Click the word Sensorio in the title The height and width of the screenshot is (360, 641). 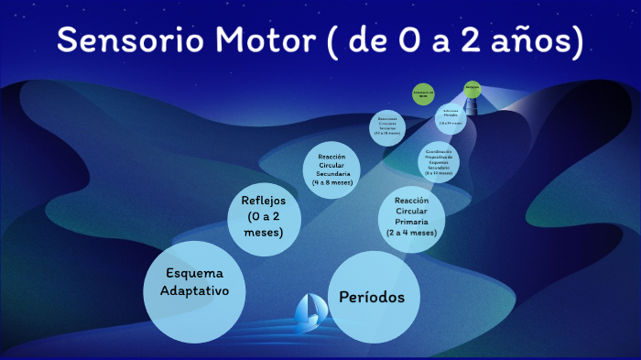click(128, 41)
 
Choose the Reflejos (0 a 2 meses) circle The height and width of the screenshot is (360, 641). click(264, 217)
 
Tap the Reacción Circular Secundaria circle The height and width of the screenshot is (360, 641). click(332, 169)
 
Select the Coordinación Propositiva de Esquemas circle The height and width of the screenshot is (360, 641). click(439, 160)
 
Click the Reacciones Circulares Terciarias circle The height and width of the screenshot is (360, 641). click(387, 128)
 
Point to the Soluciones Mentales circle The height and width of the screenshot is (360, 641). click(451, 116)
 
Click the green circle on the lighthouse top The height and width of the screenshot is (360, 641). click(473, 88)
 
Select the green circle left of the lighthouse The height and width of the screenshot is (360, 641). click(423, 95)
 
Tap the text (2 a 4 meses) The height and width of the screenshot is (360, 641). click(411, 233)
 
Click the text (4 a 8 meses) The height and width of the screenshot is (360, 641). click(332, 182)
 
